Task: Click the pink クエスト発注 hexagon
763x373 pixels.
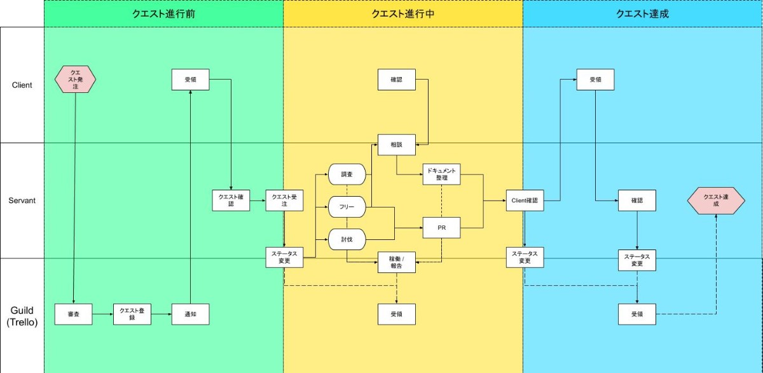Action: pyautogui.click(x=75, y=80)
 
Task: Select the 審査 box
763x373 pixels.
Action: pyautogui.click(x=74, y=314)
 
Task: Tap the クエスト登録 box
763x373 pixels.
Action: pyautogui.click(x=132, y=314)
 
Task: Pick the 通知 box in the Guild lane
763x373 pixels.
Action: pyautogui.click(x=190, y=314)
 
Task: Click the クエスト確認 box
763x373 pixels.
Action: pyautogui.click(x=231, y=201)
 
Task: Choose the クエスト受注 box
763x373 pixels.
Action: pyautogui.click(x=284, y=201)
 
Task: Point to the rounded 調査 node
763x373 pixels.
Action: pyautogui.click(x=347, y=174)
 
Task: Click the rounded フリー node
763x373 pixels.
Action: pyautogui.click(x=347, y=206)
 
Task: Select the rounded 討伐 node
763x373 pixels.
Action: pyautogui.click(x=347, y=239)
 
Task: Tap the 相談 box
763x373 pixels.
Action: pyautogui.click(x=397, y=144)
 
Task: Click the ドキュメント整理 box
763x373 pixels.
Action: pyautogui.click(x=442, y=174)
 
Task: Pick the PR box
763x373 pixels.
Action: pyautogui.click(x=442, y=227)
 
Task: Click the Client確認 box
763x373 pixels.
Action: pyautogui.click(x=525, y=201)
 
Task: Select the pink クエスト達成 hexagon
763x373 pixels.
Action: pyautogui.click(x=717, y=201)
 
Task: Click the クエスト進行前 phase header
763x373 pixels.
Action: pyautogui.click(x=163, y=13)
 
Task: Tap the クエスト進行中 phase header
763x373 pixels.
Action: pyautogui.click(x=403, y=13)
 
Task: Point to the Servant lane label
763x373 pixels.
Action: pyautogui.click(x=22, y=201)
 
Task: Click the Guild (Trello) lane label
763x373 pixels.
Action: pyautogui.click(x=22, y=316)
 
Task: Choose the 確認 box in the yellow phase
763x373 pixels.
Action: pyautogui.click(x=397, y=80)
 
